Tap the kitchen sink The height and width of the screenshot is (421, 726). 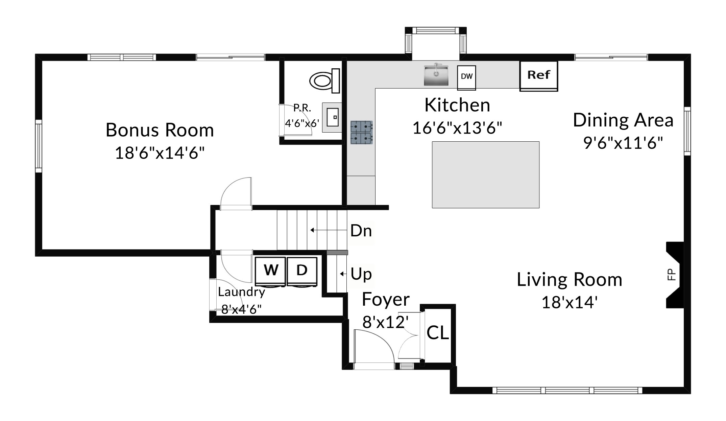[436, 75]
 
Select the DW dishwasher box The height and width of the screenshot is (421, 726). [467, 77]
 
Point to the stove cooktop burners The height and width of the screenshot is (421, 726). [362, 133]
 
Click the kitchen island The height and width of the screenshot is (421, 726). [486, 174]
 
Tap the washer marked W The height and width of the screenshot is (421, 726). [270, 272]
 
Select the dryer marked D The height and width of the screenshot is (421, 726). [302, 272]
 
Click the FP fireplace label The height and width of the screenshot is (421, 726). [672, 274]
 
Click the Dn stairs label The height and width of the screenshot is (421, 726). [361, 231]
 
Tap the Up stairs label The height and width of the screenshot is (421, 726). [361, 274]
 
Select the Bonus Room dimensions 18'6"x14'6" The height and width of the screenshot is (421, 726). [160, 153]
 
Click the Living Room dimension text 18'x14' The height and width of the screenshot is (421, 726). [570, 302]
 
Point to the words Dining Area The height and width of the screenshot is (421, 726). [623, 120]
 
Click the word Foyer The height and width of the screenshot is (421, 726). [386, 300]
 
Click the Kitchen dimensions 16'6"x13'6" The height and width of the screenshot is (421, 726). [457, 128]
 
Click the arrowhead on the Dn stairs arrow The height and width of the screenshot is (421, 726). [312, 230]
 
